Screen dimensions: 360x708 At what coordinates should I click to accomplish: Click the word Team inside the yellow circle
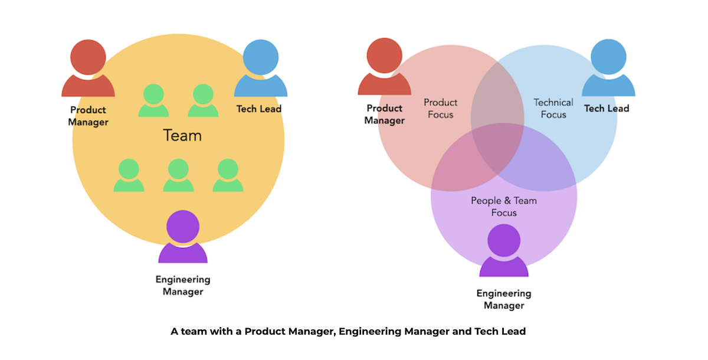click(182, 136)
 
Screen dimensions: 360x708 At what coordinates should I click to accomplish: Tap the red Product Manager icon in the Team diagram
click(88, 70)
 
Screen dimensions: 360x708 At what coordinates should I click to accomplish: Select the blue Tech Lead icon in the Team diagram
click(260, 70)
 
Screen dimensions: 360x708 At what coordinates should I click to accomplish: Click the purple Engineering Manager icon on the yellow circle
click(183, 237)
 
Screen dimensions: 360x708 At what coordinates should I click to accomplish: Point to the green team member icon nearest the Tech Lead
click(204, 100)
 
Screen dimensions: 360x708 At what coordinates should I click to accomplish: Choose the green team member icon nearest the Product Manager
click(153, 100)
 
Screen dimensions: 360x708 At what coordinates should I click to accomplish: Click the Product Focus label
click(440, 109)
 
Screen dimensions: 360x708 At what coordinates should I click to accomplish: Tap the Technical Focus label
click(553, 109)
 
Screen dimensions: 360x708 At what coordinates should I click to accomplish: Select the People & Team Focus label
click(504, 207)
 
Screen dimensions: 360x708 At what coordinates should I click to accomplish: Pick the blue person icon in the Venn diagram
click(608, 69)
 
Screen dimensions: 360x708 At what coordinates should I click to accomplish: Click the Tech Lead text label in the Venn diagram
click(607, 109)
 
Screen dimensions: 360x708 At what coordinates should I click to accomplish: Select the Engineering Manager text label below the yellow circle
click(183, 286)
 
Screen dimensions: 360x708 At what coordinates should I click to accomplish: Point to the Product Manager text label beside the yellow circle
click(88, 116)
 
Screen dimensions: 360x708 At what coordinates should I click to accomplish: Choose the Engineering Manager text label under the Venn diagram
click(504, 299)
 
